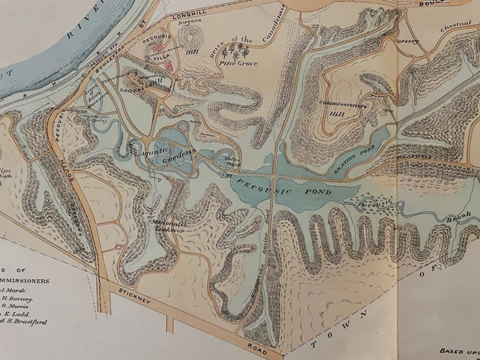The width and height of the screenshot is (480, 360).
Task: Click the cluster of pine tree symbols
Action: [241, 52]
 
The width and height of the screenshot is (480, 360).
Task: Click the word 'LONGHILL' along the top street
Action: [189, 14]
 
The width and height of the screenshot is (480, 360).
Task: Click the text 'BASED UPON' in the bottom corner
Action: [458, 350]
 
